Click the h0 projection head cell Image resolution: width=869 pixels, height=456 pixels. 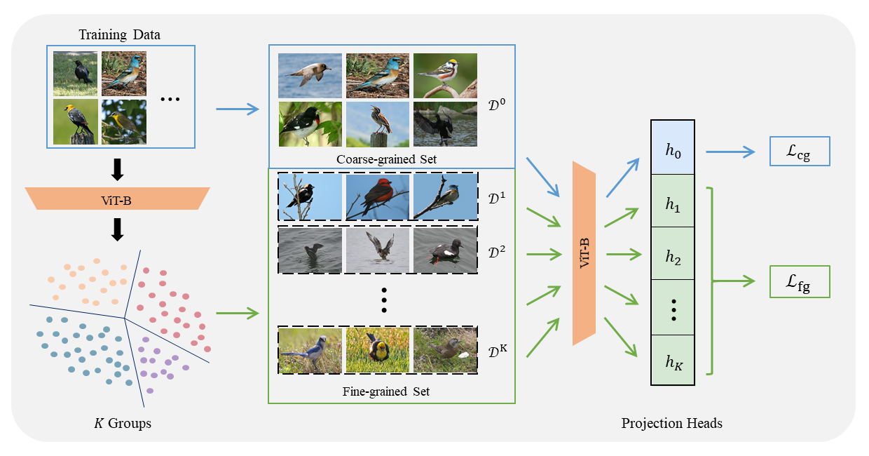tap(673, 148)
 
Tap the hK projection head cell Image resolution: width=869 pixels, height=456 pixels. tap(673, 361)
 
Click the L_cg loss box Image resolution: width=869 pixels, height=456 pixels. tap(799, 152)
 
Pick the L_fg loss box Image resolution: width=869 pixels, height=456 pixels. tap(799, 281)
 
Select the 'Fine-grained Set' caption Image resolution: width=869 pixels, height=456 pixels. tap(391, 391)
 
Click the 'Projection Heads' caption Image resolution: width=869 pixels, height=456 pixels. tap(671, 424)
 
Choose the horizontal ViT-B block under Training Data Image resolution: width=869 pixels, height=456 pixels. tap(118, 199)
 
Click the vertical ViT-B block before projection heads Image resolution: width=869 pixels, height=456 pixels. tap(584, 253)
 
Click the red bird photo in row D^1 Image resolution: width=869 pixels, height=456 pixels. tap(378, 197)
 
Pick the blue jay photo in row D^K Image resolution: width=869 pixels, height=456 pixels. tap(310, 349)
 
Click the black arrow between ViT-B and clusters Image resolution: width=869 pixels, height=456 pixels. tap(118, 229)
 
